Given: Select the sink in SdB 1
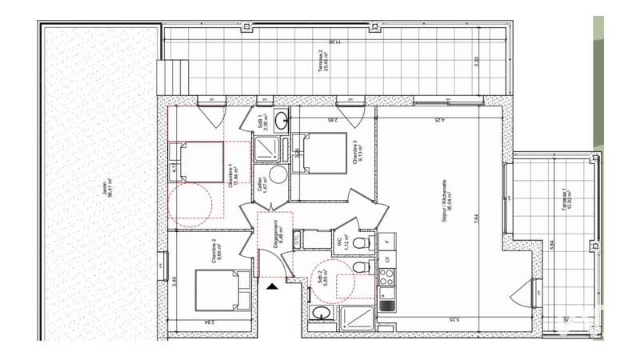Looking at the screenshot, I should tap(282, 122).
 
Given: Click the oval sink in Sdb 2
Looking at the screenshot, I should tap(321, 314).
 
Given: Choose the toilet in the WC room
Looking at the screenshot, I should tap(362, 242).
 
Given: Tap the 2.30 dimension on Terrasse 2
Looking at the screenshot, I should tap(478, 60).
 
